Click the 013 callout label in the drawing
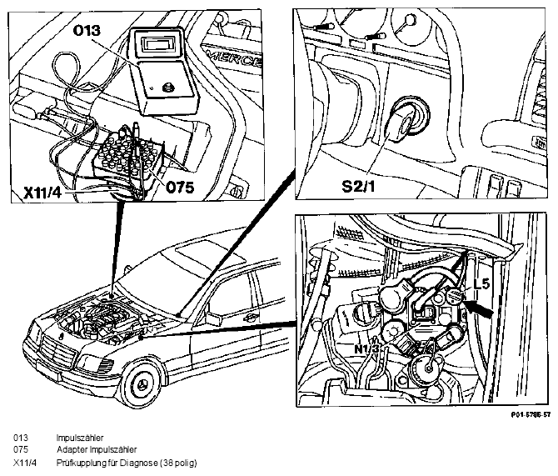[x=87, y=30]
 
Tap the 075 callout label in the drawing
[x=181, y=187]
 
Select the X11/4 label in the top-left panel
[x=42, y=193]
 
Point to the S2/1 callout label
[x=358, y=186]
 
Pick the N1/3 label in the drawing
[x=367, y=348]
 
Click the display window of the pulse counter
[x=157, y=45]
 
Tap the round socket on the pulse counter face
[x=167, y=88]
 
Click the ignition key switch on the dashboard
[x=406, y=120]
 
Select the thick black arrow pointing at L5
[x=480, y=308]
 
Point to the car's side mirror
[x=214, y=318]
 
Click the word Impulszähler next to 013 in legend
[x=80, y=437]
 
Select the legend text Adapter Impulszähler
[x=97, y=449]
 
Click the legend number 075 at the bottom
[x=21, y=449]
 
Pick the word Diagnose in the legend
[x=138, y=463]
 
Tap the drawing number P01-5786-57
[x=531, y=414]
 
